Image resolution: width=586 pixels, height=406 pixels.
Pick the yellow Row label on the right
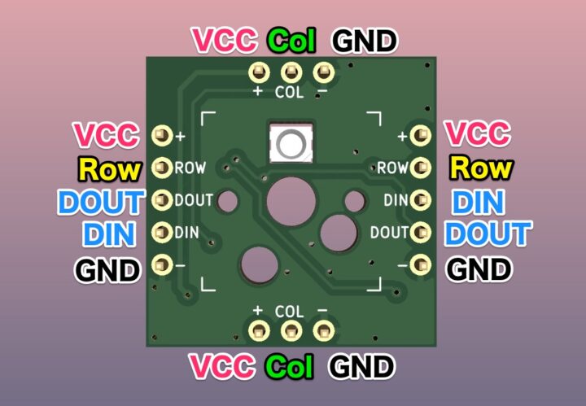481,168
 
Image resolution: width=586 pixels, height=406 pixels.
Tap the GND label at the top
363,39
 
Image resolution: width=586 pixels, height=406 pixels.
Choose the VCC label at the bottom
222,367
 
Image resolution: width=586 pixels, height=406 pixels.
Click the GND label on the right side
480,268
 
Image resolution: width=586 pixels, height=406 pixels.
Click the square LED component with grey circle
290,145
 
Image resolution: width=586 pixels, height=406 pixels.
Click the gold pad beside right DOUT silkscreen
420,232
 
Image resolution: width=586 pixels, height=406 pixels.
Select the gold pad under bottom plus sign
259,330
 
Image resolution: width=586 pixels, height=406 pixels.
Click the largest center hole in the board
291,199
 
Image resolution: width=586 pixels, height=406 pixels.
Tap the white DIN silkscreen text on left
187,233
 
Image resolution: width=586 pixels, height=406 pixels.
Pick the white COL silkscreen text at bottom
290,312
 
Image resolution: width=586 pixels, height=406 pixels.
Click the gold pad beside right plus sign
420,135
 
